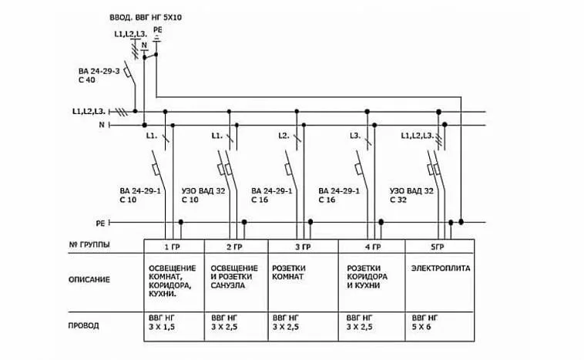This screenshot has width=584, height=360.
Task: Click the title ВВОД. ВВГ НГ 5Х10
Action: (x=146, y=18)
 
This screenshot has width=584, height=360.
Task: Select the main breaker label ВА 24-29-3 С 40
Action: (x=99, y=76)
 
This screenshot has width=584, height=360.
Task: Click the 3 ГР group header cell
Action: (x=303, y=247)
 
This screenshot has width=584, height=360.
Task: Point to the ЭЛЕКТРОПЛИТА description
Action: (x=441, y=268)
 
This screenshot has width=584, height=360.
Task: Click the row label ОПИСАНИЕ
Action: (x=89, y=280)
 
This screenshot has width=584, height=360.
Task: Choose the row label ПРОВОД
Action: (x=83, y=326)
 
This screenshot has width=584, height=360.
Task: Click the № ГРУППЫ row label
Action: (x=89, y=245)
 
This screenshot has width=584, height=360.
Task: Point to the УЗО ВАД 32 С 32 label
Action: (x=411, y=195)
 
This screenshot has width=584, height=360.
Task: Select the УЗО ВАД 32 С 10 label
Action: (x=203, y=195)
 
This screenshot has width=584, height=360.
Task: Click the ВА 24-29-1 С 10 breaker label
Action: (x=140, y=195)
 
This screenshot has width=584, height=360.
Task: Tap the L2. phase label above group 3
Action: (x=284, y=136)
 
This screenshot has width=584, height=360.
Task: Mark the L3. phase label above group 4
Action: (x=355, y=136)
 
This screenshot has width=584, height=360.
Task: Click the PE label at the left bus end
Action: (x=101, y=224)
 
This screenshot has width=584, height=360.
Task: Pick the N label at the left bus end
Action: (x=102, y=125)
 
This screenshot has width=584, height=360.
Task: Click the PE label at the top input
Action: (x=157, y=30)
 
